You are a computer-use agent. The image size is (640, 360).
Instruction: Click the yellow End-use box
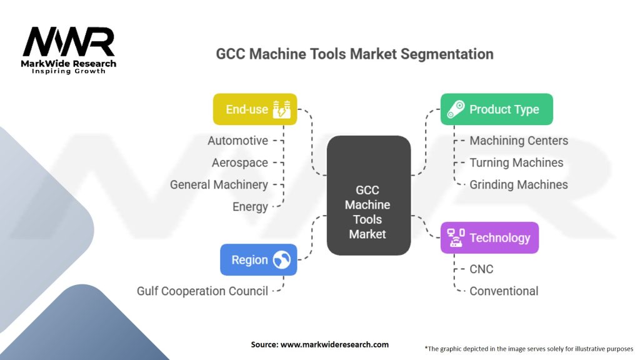point(255,109)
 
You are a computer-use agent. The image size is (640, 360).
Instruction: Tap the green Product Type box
point(496,109)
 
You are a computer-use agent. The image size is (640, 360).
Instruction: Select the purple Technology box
point(489,237)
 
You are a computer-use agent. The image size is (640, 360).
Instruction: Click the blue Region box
point(258,260)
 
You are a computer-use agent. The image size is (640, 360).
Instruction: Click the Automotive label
point(237,141)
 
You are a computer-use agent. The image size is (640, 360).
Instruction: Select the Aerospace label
point(239,162)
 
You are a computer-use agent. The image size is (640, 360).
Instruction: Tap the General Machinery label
point(219,184)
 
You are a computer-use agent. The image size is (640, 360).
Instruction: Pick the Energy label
point(250,206)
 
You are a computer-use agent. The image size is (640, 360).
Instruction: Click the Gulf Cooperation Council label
point(202,291)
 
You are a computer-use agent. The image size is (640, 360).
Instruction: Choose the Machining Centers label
point(519,141)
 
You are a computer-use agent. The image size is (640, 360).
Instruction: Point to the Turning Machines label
point(516,162)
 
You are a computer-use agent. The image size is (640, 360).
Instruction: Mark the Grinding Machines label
point(519,184)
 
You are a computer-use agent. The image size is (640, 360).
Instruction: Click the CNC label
point(481,269)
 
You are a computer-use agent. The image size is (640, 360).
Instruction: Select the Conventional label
point(504,291)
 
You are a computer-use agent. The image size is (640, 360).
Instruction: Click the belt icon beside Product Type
point(456,109)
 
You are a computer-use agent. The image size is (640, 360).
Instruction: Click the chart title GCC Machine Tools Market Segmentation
point(354,54)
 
